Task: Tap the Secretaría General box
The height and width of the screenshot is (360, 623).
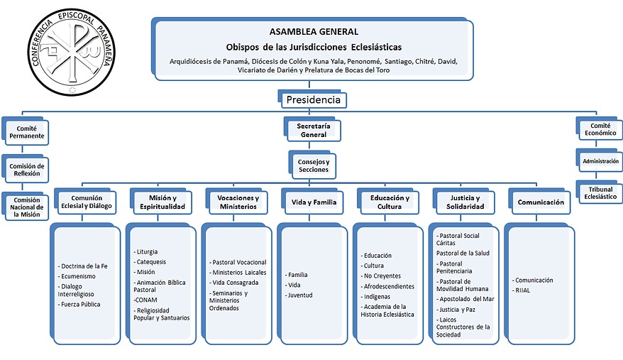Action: [x=313, y=129]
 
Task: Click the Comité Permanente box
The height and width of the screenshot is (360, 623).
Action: [x=26, y=131]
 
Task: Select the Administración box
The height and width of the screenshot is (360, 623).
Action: [x=600, y=161]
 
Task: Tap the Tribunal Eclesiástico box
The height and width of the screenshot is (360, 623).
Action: [x=600, y=192]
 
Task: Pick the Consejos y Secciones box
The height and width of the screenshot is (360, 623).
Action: [x=313, y=165]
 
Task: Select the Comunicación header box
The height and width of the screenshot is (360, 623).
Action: [x=541, y=202]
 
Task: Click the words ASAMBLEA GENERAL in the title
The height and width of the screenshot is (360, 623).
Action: [x=314, y=31]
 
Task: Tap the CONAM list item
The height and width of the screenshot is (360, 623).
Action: [x=147, y=300]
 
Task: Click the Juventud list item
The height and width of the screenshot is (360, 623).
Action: [x=299, y=295]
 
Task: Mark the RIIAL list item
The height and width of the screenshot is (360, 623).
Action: [x=524, y=290]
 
